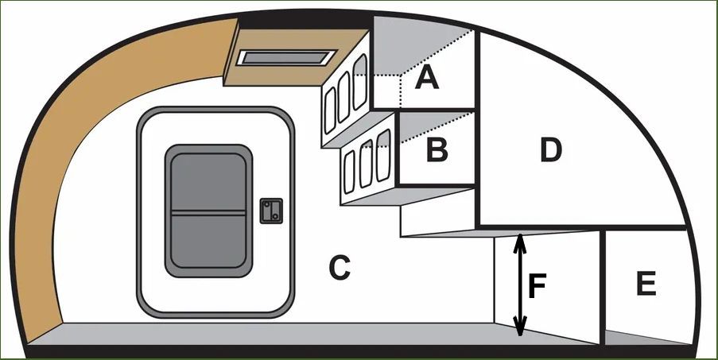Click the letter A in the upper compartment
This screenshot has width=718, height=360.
click(427, 76)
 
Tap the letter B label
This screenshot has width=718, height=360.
click(437, 149)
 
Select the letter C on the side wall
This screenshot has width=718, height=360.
click(340, 268)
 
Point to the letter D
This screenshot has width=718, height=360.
click(550, 149)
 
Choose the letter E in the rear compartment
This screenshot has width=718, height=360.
click(646, 283)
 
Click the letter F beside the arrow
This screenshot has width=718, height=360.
click(537, 286)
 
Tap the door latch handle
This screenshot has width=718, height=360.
click(271, 211)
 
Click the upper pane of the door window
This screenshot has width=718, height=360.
click(208, 183)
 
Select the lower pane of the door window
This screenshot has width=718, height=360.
click(208, 242)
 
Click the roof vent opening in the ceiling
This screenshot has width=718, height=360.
click(286, 58)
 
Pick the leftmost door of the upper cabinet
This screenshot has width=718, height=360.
click(330, 110)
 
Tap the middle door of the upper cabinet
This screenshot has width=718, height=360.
click(343, 97)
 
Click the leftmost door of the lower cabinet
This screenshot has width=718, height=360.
click(349, 172)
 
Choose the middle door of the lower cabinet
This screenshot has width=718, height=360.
click(366, 163)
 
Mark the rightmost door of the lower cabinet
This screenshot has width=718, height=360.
click(383, 155)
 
